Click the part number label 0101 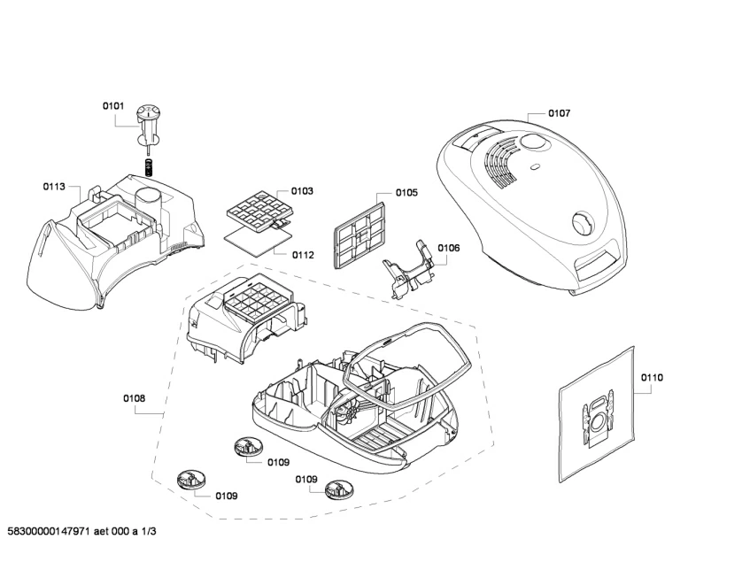click(112, 105)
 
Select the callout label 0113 click(54, 187)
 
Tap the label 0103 click(302, 191)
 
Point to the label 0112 click(303, 255)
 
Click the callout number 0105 click(406, 193)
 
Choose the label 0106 click(449, 248)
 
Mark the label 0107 click(559, 113)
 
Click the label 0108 click(135, 398)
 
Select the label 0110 click(652, 378)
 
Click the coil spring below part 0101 click(149, 166)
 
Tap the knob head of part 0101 click(148, 112)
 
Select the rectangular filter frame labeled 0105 click(360, 235)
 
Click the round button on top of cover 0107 click(532, 142)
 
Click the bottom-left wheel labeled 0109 click(192, 480)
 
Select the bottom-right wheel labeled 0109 click(340, 489)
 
